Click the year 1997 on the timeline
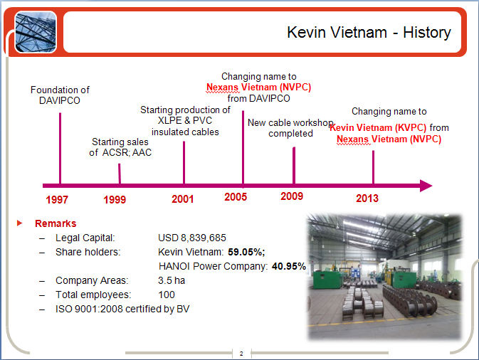(x=57, y=200)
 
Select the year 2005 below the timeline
(x=236, y=197)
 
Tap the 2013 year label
(x=367, y=198)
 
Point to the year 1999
(x=115, y=200)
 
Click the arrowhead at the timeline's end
(x=426, y=186)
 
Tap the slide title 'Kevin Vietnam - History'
(x=369, y=32)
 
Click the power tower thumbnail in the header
(x=36, y=32)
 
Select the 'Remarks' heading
(x=56, y=223)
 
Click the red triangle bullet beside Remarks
(x=19, y=223)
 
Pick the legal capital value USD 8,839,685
(x=192, y=238)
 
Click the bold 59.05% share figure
(x=246, y=252)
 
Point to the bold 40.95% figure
(x=289, y=266)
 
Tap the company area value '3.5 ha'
(x=172, y=280)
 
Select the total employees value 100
(x=167, y=295)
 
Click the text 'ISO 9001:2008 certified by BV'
(x=122, y=309)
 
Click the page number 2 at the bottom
(x=241, y=354)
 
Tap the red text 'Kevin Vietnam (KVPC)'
(x=378, y=127)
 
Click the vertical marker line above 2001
(x=184, y=162)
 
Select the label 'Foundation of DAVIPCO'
(x=60, y=95)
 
